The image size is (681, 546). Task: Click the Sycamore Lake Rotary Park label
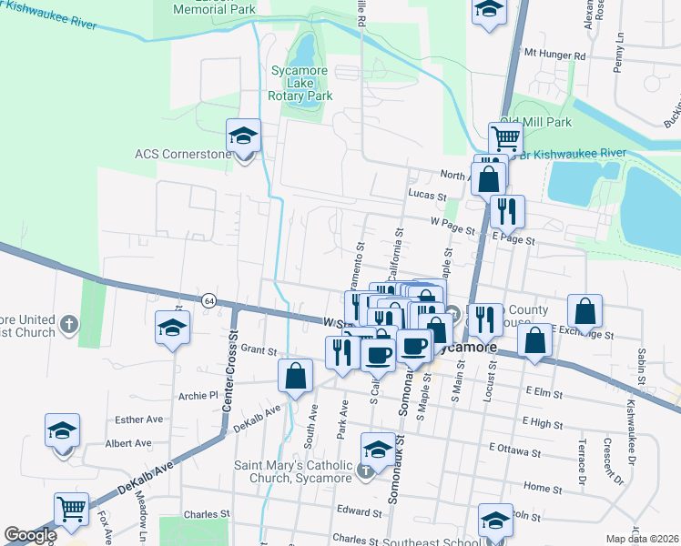click(x=300, y=82)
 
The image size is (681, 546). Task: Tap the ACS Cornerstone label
click(x=183, y=154)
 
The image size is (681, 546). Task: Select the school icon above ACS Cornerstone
click(x=243, y=136)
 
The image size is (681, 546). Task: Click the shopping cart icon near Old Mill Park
click(x=505, y=138)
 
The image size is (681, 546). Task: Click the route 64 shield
click(x=208, y=300)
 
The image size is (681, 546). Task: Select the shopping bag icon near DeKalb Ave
click(x=295, y=375)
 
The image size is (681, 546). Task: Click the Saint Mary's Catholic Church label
click(x=293, y=471)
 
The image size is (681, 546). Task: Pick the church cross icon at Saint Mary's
click(x=365, y=471)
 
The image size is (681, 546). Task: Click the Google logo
click(x=30, y=535)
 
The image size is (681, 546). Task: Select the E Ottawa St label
click(x=515, y=448)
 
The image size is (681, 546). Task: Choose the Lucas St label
click(x=427, y=196)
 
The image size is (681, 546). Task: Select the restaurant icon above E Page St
click(x=506, y=211)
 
